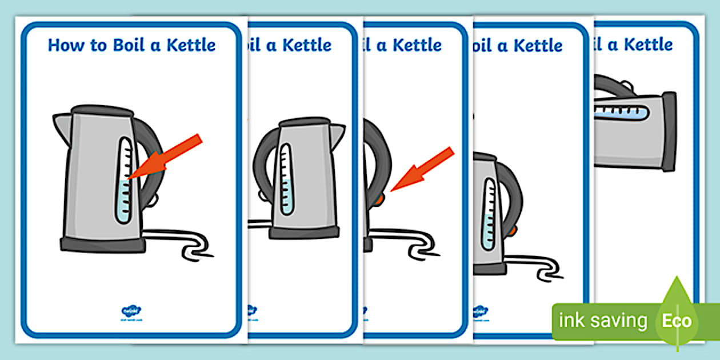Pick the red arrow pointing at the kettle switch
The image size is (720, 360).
[x=422, y=169]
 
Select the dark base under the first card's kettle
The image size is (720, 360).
[x=103, y=245]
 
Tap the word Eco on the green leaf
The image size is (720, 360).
[x=677, y=321]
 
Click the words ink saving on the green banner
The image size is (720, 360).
[x=603, y=321]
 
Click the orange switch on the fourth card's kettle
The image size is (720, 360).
[x=517, y=230]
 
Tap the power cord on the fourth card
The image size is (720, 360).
[x=534, y=265]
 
